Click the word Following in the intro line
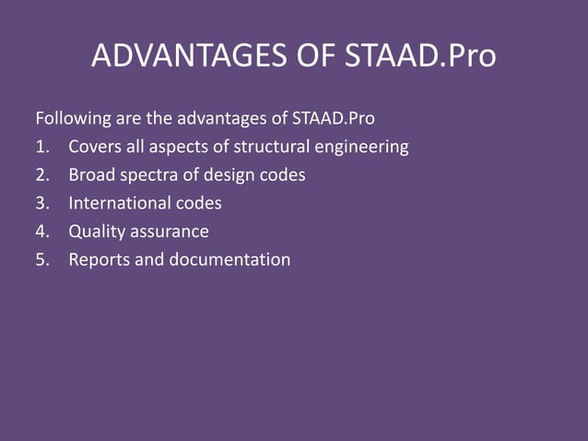[x=71, y=119]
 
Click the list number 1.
[x=41, y=147]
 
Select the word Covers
[x=97, y=147]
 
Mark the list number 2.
[x=41, y=175]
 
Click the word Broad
[x=92, y=175]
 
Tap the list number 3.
[x=41, y=203]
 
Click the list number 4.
[x=41, y=232]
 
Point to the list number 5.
[x=41, y=259]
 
